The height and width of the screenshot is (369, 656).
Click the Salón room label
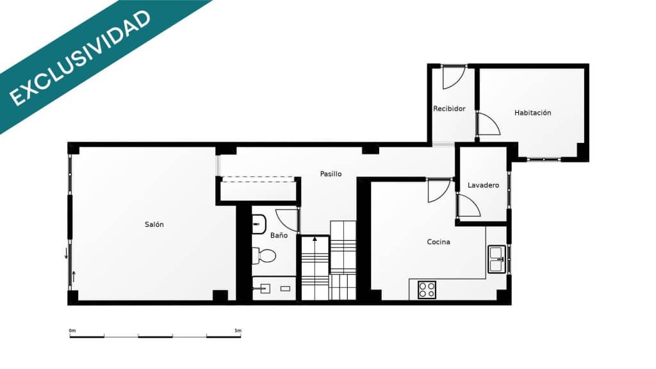click(x=154, y=224)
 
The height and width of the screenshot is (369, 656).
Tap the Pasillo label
click(x=331, y=174)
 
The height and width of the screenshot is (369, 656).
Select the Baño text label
click(x=279, y=235)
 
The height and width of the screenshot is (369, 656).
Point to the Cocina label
click(x=438, y=242)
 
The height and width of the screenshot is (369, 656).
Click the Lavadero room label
click(x=483, y=185)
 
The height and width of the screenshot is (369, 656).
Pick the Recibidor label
click(x=449, y=109)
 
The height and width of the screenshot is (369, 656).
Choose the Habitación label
click(x=532, y=113)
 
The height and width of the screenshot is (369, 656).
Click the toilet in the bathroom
click(x=263, y=256)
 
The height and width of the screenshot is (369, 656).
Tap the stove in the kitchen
click(x=427, y=290)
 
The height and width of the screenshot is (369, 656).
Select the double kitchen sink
click(x=496, y=259)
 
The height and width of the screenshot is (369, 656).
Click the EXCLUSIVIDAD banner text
click(x=81, y=57)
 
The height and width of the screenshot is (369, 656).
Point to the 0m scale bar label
click(x=72, y=331)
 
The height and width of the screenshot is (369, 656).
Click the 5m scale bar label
click(x=238, y=331)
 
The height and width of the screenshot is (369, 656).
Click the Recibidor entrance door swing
click(x=453, y=77)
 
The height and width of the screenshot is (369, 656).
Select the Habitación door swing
click(x=488, y=124)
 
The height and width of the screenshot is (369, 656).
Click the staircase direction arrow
click(x=315, y=240)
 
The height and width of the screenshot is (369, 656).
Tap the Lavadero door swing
click(x=468, y=206)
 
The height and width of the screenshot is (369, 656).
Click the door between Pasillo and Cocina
click(x=439, y=190)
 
